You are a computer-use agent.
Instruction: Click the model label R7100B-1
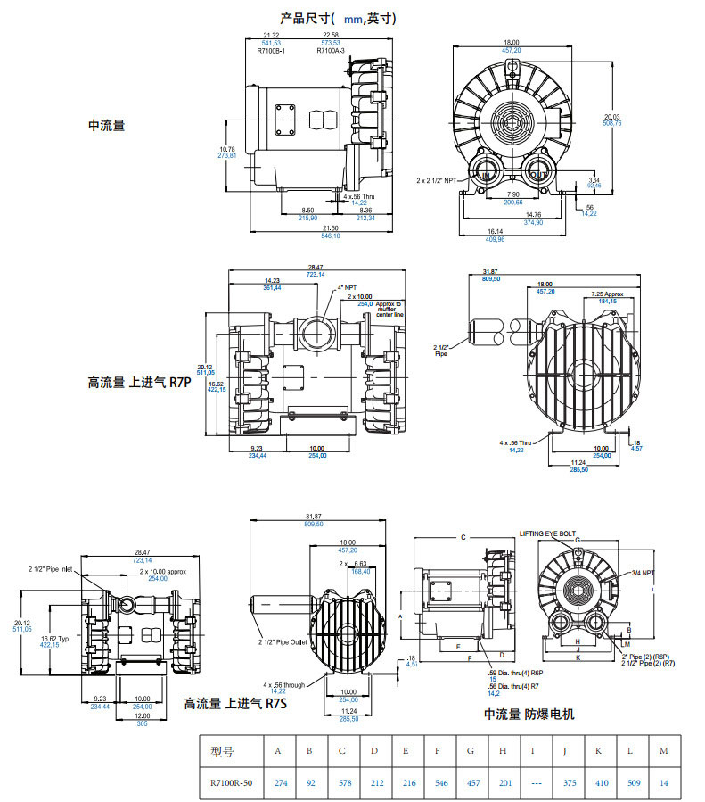272,51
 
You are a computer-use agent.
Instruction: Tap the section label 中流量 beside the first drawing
106,126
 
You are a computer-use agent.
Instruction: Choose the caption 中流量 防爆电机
529,714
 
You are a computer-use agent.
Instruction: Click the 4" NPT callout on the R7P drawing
348,288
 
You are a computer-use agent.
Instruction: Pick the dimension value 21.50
330,229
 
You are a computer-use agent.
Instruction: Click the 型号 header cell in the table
222,750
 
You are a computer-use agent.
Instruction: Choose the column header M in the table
662,750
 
